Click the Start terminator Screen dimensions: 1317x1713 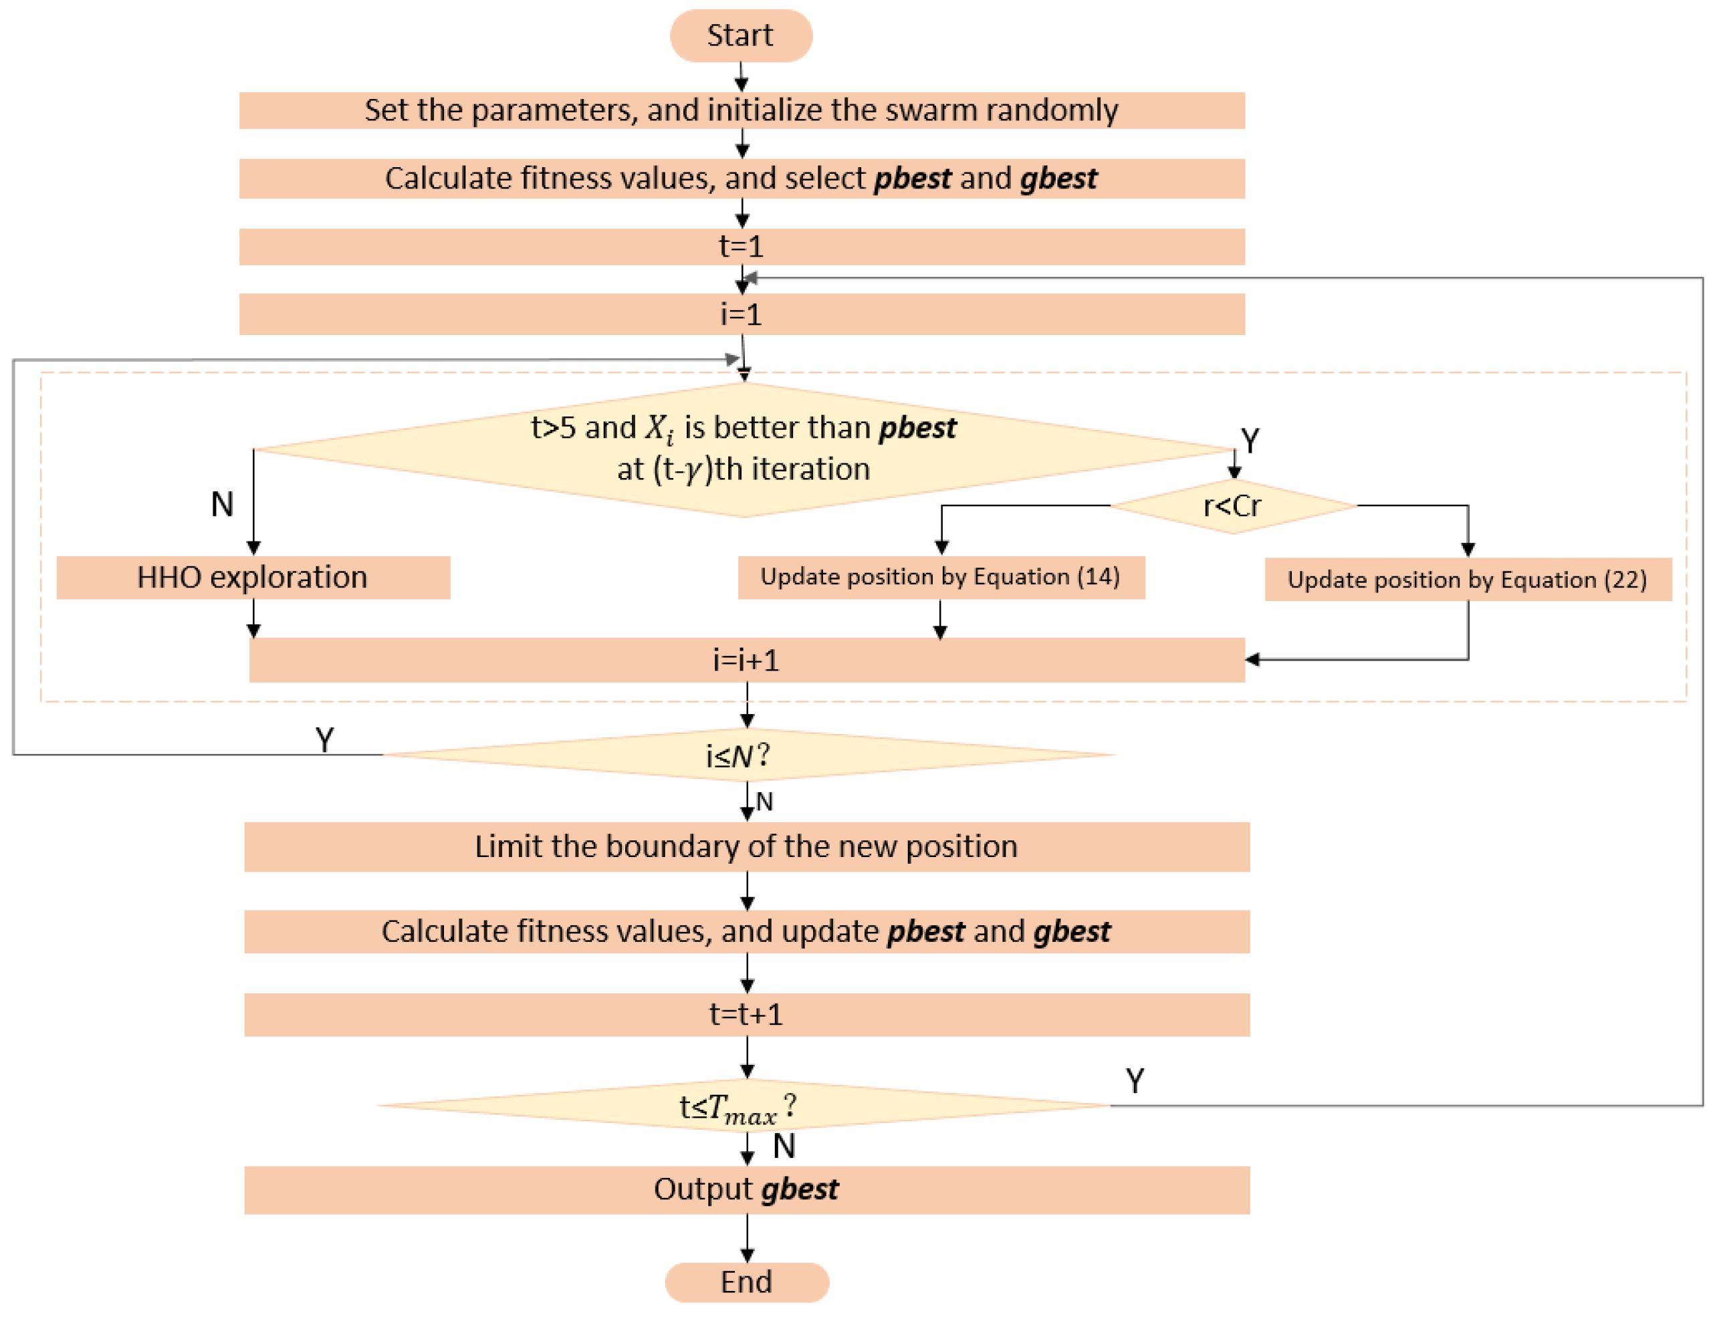click(740, 36)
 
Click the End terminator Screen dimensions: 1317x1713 click(746, 1282)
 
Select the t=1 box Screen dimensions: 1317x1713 click(741, 247)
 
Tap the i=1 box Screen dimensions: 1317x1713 click(741, 314)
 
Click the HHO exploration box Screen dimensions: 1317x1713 click(253, 578)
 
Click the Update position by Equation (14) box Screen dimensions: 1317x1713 click(940, 578)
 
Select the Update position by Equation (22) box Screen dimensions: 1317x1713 click(1467, 580)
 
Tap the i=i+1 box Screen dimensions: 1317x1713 click(746, 660)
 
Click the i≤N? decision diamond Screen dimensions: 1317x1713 click(746, 755)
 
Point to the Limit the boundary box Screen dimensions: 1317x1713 click(746, 846)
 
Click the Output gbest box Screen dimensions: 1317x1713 click(746, 1190)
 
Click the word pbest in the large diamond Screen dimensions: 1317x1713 click(917, 428)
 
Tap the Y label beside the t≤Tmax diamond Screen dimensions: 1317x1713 click(1135, 1081)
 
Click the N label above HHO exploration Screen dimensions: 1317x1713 click(222, 504)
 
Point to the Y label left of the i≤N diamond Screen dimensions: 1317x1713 click(324, 739)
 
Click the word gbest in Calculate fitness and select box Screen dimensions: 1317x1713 click(1058, 178)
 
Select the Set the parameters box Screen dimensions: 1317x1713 click(741, 110)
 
